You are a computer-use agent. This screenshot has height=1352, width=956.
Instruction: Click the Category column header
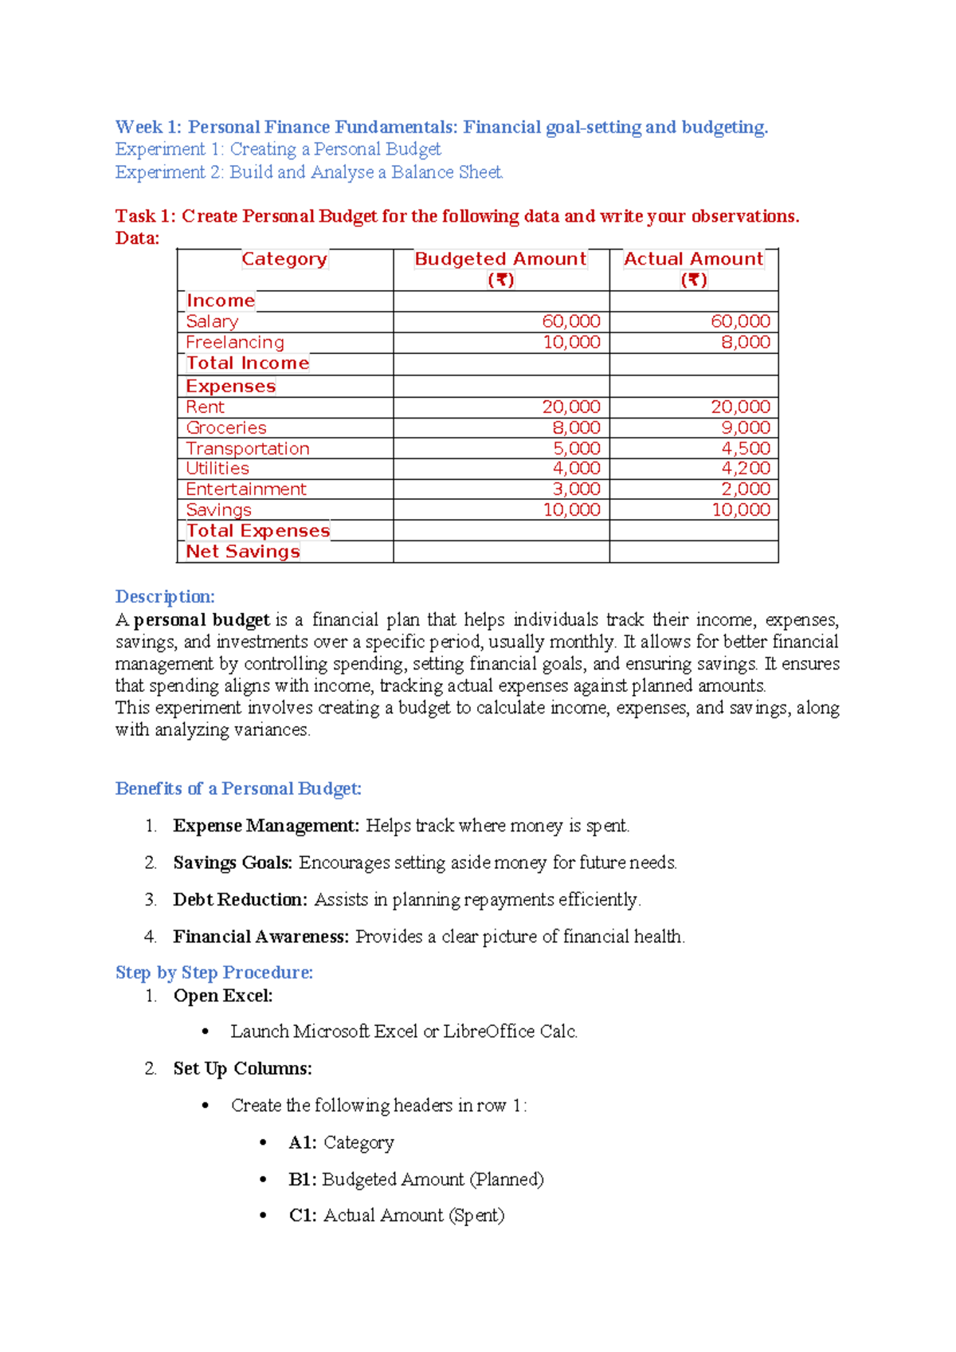click(x=284, y=259)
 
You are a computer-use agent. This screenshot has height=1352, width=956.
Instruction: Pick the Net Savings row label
click(x=243, y=552)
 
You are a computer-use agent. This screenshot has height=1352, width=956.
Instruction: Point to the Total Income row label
click(x=247, y=364)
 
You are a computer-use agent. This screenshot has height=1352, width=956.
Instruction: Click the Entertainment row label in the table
click(x=245, y=489)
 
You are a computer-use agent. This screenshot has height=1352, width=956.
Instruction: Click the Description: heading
click(x=165, y=597)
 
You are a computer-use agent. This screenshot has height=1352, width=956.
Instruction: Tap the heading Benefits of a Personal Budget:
click(x=238, y=789)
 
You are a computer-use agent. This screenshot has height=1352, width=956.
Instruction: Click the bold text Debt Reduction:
click(x=240, y=900)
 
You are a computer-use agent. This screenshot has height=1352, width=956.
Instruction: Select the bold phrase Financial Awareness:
click(x=261, y=937)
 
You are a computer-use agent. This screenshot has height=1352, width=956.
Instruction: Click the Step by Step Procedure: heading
click(x=214, y=973)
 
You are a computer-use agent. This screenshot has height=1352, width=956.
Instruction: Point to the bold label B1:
click(x=302, y=1180)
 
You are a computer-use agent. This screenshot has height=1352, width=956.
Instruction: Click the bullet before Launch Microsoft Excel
click(x=206, y=1032)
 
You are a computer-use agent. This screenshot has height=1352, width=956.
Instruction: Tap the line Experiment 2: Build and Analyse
click(x=309, y=172)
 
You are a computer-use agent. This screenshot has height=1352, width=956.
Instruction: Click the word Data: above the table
click(x=137, y=238)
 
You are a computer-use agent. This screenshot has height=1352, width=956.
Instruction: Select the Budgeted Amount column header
click(x=500, y=259)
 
